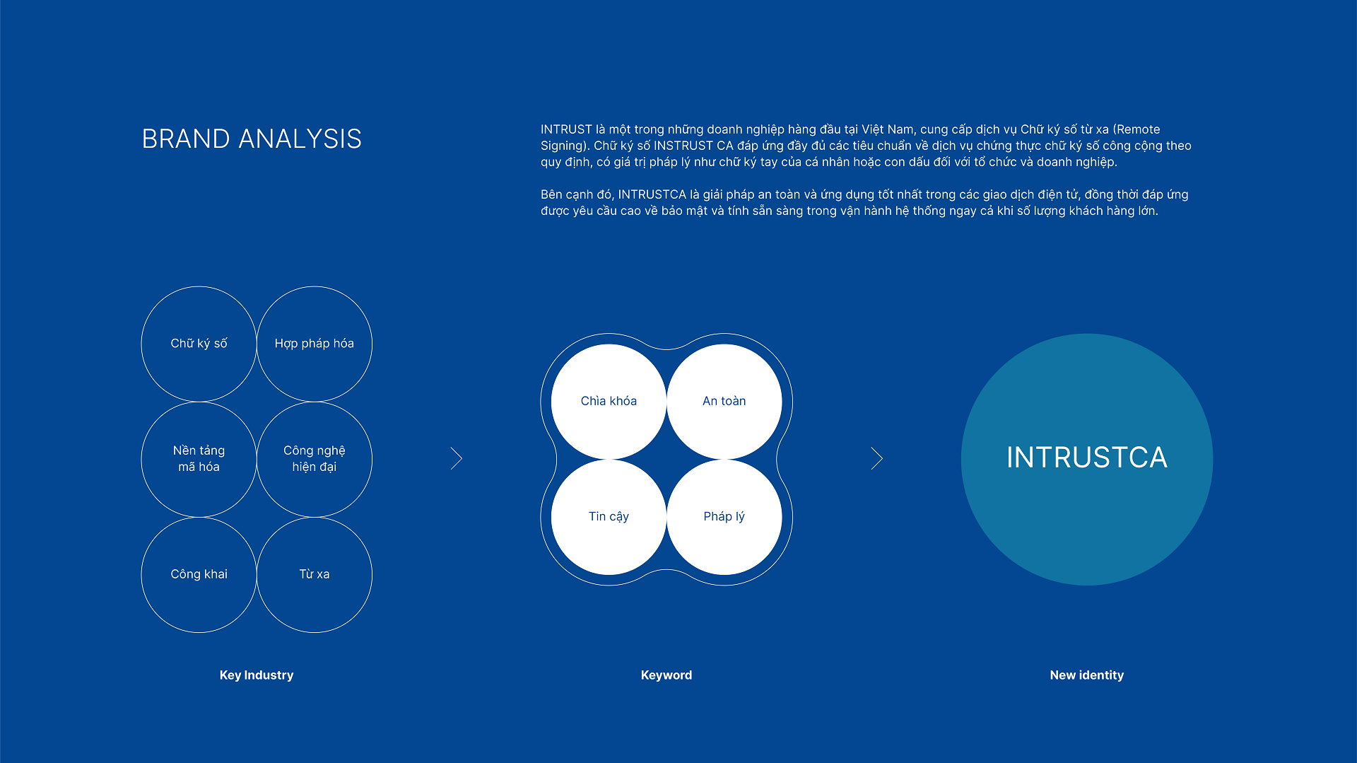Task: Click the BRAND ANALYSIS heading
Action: tap(252, 139)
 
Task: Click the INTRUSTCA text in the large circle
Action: tap(1087, 458)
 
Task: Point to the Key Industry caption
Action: tap(257, 675)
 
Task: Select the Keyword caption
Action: tap(666, 675)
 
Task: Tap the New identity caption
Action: tap(1087, 675)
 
